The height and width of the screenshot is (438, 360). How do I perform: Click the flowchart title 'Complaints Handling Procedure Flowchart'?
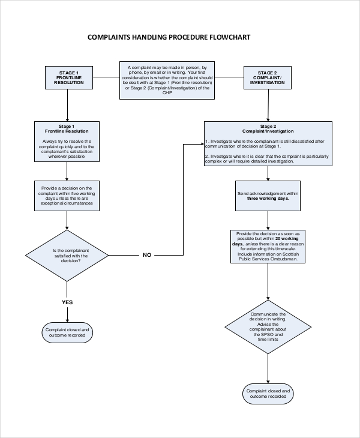click(x=169, y=37)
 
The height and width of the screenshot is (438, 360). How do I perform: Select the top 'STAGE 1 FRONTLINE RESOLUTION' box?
click(x=68, y=77)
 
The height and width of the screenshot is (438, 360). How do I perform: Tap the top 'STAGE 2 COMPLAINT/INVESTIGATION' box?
click(x=267, y=77)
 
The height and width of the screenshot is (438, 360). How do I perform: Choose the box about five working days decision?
click(x=67, y=196)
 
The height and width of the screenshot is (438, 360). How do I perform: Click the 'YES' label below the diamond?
click(x=67, y=302)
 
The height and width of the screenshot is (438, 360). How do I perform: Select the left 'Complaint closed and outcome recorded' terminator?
click(x=67, y=333)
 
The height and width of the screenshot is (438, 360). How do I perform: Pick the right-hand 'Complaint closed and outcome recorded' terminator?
click(x=268, y=394)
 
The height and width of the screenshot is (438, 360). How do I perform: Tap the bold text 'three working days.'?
click(x=268, y=198)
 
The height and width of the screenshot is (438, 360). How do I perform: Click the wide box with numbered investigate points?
click(x=268, y=144)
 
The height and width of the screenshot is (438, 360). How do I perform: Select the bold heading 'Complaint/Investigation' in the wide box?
click(x=268, y=131)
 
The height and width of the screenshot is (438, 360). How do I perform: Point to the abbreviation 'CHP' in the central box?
click(x=167, y=92)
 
